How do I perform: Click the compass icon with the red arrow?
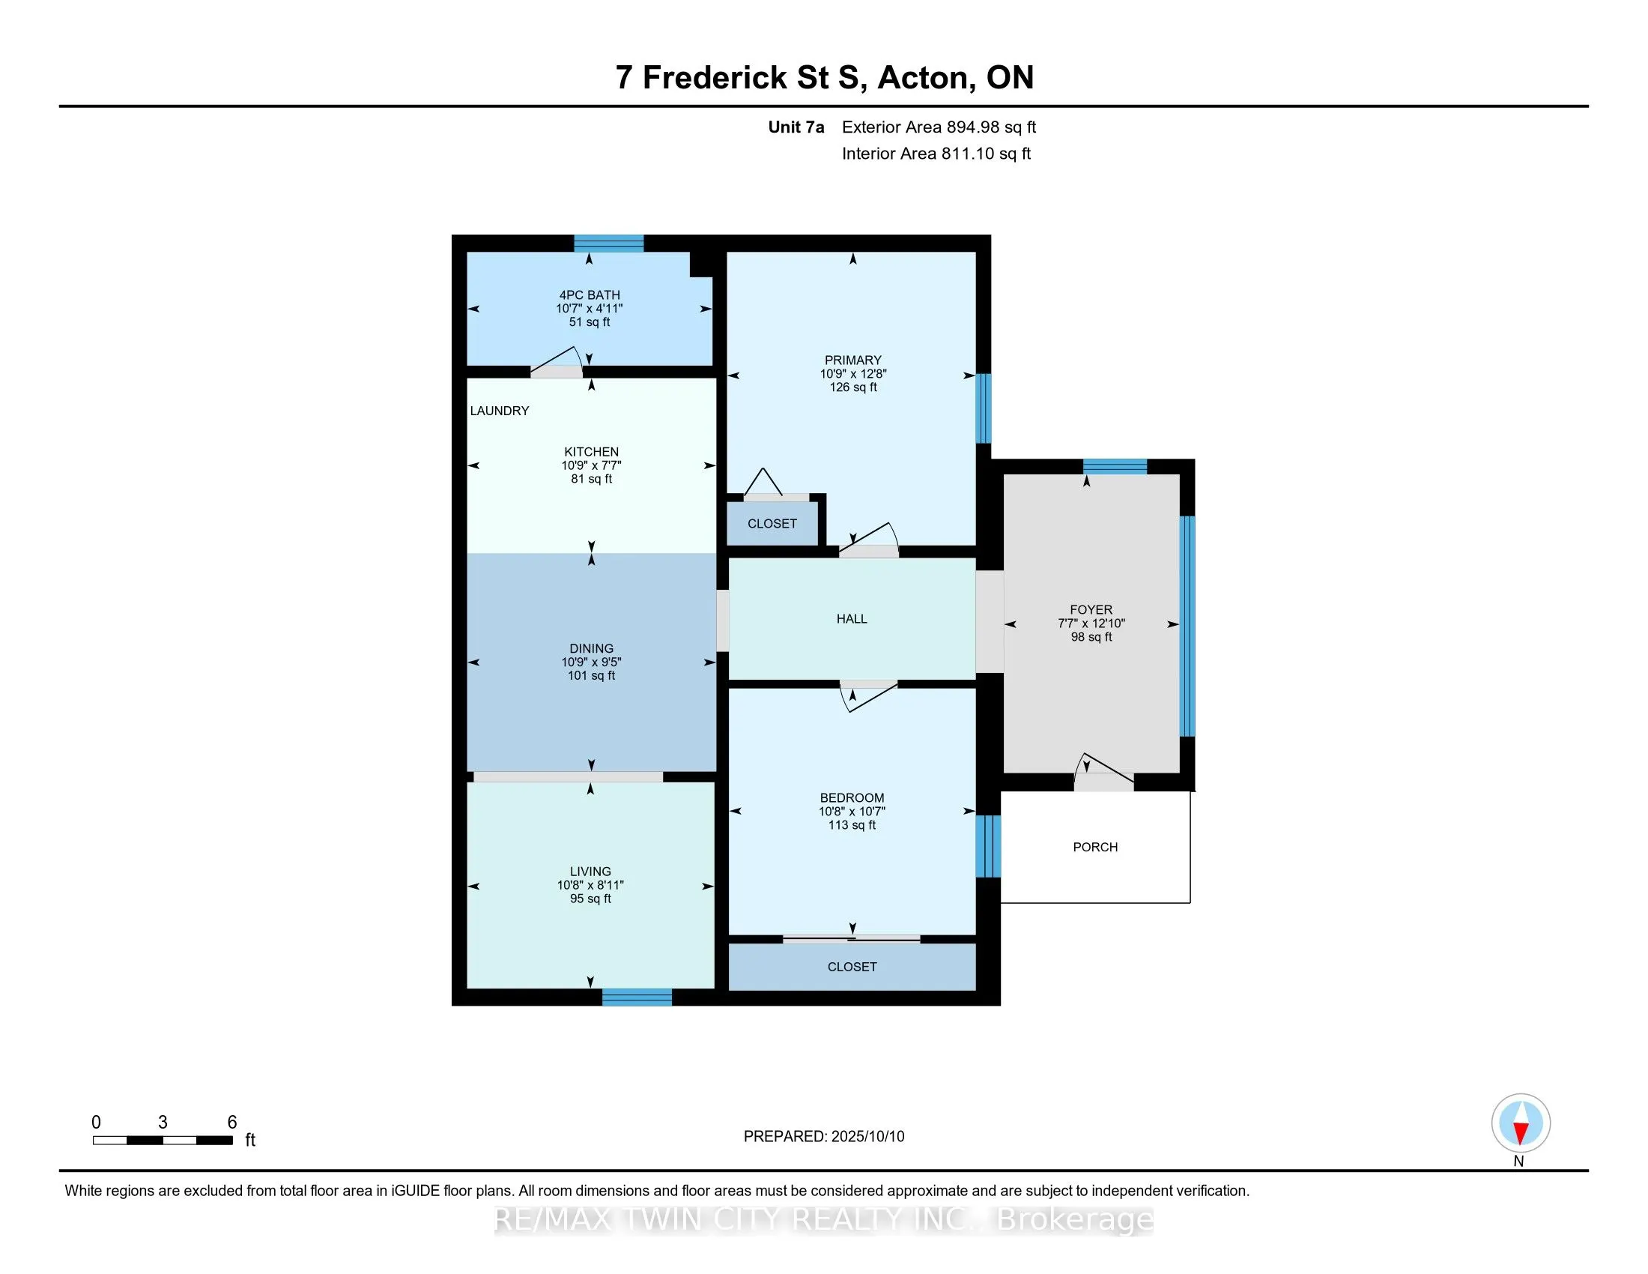pyautogui.click(x=1521, y=1123)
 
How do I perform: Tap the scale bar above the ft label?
pyautogui.click(x=163, y=1140)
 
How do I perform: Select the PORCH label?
pyautogui.click(x=1095, y=847)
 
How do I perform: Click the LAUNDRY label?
pyautogui.click(x=500, y=411)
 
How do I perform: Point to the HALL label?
pyautogui.click(x=852, y=619)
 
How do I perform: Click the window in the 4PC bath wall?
pyautogui.click(x=609, y=243)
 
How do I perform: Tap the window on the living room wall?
pyautogui.click(x=637, y=997)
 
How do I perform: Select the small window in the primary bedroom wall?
pyautogui.click(x=984, y=408)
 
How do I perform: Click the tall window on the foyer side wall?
pyautogui.click(x=1187, y=626)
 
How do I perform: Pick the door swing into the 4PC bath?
pyautogui.click(x=557, y=361)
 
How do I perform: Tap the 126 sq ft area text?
pyautogui.click(x=853, y=387)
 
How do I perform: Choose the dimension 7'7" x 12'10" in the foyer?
pyautogui.click(x=1091, y=624)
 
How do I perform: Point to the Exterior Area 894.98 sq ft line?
pyautogui.click(x=939, y=127)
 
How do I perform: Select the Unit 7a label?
pyautogui.click(x=796, y=127)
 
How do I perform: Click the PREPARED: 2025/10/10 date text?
pyautogui.click(x=824, y=1136)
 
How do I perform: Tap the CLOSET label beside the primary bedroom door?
pyautogui.click(x=772, y=524)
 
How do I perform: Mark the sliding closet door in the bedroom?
pyautogui.click(x=851, y=940)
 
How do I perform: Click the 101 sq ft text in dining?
pyautogui.click(x=592, y=675)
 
